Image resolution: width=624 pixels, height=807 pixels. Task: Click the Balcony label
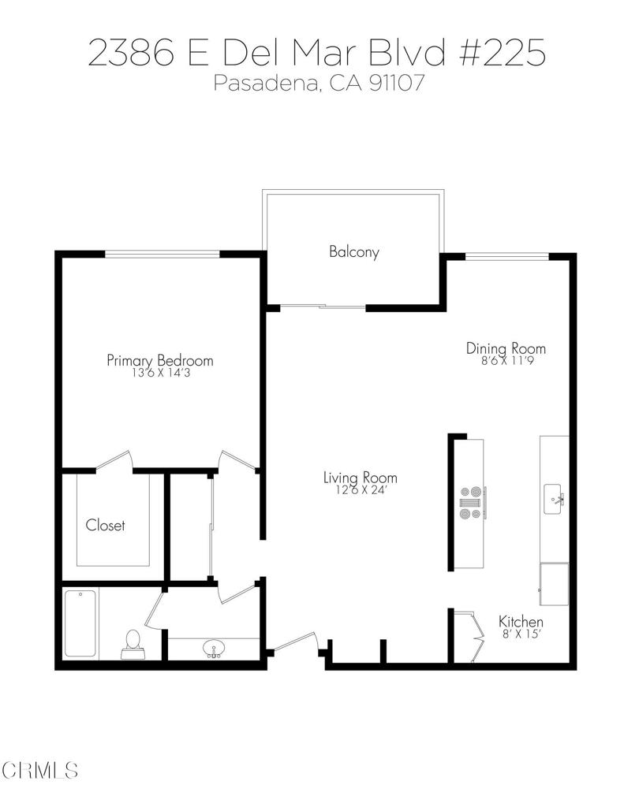[354, 252]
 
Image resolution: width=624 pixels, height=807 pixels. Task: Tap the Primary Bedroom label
[160, 360]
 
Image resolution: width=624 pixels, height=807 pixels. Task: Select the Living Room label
[360, 478]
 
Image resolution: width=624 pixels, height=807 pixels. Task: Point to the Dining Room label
[506, 348]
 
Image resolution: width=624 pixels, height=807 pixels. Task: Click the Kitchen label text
[521, 622]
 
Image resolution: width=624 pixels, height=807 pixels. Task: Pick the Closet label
[106, 525]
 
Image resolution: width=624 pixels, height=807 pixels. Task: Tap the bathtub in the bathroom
[80, 623]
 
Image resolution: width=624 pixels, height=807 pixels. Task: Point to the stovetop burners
[470, 503]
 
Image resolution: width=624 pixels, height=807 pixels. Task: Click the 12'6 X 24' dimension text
[360, 491]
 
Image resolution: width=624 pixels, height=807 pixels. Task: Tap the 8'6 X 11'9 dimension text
[506, 361]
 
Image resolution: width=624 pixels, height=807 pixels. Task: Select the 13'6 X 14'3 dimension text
[160, 374]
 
